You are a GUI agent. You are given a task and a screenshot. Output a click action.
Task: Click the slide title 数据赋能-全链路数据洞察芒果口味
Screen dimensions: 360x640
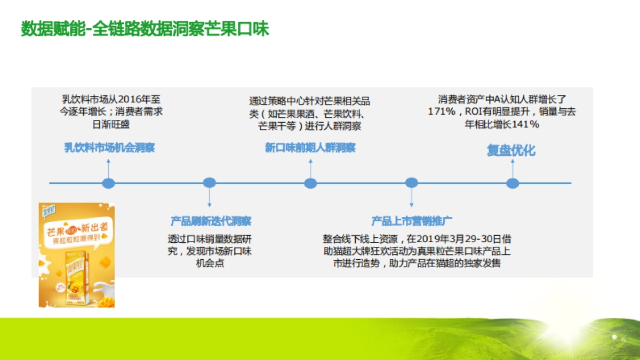click(145, 29)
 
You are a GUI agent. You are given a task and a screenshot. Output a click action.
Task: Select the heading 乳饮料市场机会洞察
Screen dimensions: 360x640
click(109, 148)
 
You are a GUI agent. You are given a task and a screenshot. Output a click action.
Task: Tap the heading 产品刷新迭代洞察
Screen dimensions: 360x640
click(211, 221)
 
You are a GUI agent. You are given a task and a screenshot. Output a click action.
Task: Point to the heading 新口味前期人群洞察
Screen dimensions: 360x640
click(310, 148)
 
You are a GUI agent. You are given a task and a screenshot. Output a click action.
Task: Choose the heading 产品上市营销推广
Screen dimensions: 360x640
click(412, 221)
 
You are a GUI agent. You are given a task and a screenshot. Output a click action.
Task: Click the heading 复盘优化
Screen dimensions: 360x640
click(511, 150)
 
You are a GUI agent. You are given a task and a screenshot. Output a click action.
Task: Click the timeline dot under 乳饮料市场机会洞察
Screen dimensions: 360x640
click(108, 183)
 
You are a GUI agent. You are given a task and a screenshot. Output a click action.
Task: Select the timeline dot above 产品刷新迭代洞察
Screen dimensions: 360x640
click(210, 183)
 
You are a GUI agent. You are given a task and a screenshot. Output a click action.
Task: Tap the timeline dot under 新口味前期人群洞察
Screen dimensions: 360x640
click(310, 183)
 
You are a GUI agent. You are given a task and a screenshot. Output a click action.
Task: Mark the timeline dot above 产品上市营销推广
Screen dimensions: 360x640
click(411, 183)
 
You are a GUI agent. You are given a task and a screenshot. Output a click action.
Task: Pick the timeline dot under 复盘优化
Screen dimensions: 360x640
click(513, 183)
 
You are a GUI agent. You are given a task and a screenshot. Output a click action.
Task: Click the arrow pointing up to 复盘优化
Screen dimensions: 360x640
click(513, 167)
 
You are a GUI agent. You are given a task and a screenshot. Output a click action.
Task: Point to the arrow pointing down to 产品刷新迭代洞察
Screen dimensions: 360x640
click(210, 198)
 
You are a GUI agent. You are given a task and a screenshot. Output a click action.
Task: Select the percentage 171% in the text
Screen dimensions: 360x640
click(442, 111)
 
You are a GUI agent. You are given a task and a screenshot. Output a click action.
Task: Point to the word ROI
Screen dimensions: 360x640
click(473, 111)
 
